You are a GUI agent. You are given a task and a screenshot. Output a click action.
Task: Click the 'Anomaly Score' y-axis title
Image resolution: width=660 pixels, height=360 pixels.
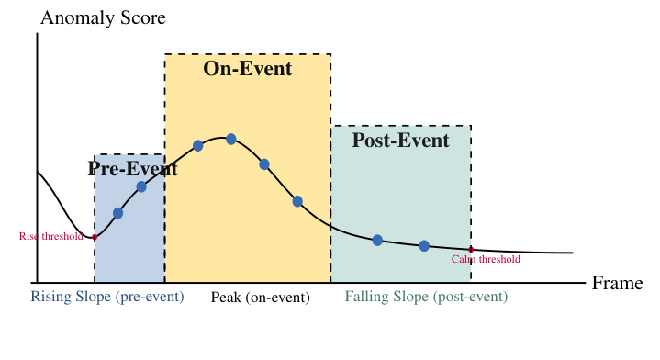[x=103, y=18]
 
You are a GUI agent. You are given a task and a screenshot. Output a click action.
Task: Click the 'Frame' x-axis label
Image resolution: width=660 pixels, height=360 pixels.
[x=617, y=283]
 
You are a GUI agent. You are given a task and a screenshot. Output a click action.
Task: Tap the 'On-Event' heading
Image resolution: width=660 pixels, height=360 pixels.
[x=247, y=69]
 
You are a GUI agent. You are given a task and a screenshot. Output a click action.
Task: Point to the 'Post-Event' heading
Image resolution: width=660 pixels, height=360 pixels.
[x=400, y=141]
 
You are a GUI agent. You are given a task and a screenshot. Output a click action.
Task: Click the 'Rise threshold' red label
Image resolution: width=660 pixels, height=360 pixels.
[x=50, y=236]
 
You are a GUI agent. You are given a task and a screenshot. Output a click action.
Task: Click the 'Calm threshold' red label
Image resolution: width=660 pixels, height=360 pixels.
[x=486, y=259]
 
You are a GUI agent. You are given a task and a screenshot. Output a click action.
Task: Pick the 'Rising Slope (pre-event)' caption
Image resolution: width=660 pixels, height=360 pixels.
[x=107, y=297]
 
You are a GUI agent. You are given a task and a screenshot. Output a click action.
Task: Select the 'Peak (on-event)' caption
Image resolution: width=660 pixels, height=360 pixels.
[x=261, y=297]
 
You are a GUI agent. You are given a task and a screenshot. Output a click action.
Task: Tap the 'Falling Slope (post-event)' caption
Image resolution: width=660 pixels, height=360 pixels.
[x=426, y=297]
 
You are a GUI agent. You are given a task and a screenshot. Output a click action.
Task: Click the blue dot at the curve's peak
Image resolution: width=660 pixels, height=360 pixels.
[x=231, y=139]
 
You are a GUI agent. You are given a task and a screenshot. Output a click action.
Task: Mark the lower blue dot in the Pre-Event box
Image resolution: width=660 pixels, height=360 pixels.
[x=117, y=213]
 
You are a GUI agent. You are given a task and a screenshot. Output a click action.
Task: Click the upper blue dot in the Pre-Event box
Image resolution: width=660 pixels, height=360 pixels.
[x=141, y=186]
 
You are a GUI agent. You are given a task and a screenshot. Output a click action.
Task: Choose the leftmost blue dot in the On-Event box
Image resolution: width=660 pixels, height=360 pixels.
[x=198, y=145]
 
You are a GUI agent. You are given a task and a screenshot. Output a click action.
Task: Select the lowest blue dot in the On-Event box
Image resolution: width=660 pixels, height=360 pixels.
[x=297, y=201]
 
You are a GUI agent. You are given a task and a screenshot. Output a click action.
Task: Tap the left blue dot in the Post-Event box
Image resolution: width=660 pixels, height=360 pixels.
[x=377, y=241]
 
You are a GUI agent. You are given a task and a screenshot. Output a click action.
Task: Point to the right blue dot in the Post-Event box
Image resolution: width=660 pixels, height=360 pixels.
[x=424, y=245]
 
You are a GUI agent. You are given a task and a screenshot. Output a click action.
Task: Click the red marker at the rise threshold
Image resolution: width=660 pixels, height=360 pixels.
[x=95, y=238]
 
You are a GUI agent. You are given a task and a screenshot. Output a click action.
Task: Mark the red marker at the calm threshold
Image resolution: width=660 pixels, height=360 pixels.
[x=471, y=249]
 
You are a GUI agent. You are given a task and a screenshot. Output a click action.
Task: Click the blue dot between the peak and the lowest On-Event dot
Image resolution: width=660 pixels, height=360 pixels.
[x=264, y=164]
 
